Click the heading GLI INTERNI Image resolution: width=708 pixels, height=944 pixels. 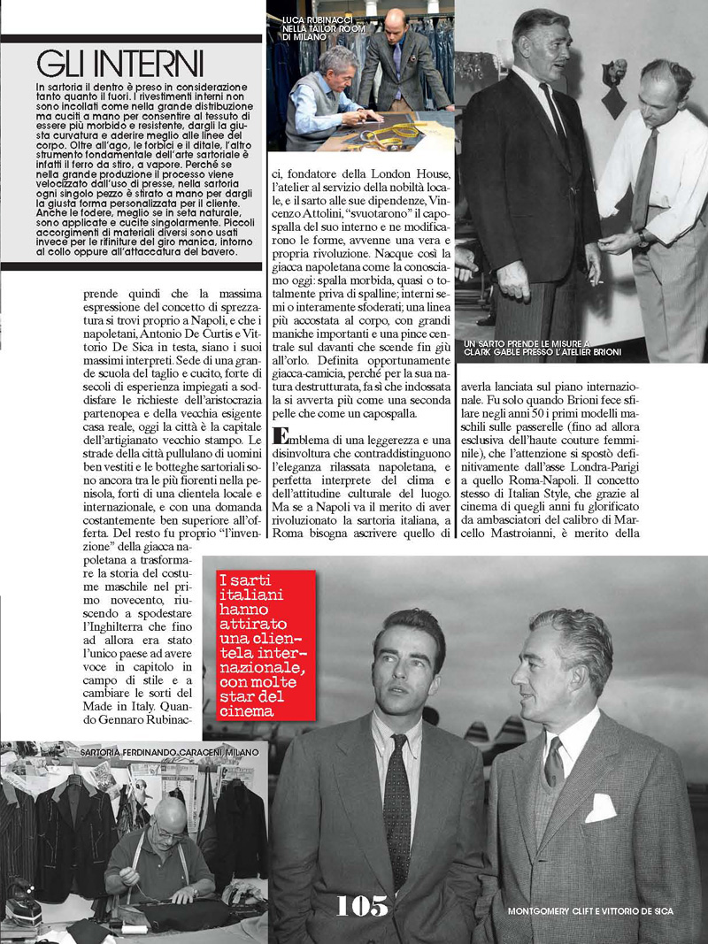[120, 64]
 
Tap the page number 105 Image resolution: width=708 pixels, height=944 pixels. [362, 904]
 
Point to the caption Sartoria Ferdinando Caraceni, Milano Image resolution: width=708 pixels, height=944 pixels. [169, 751]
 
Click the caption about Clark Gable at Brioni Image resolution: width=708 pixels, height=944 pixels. [542, 347]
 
